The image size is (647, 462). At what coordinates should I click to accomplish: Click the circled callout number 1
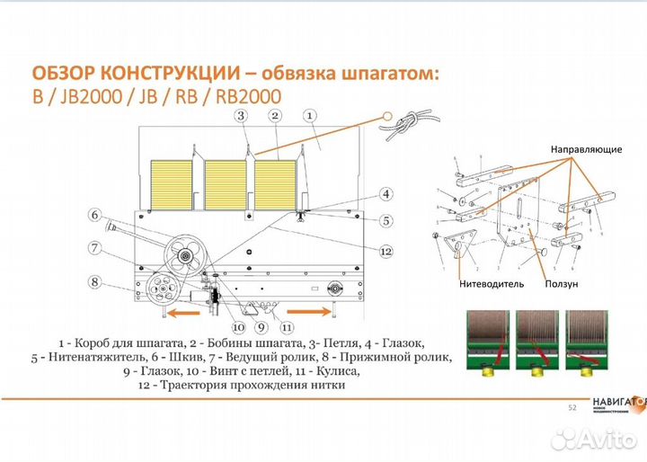[308, 116]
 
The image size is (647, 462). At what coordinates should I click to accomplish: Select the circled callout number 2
[275, 116]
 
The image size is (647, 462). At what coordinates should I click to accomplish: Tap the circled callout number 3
[240, 116]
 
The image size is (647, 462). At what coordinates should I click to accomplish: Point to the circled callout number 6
[94, 214]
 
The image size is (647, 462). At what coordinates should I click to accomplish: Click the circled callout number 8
[94, 281]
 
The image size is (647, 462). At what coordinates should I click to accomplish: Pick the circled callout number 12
[386, 252]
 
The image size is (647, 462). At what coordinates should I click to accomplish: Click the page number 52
[572, 408]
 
